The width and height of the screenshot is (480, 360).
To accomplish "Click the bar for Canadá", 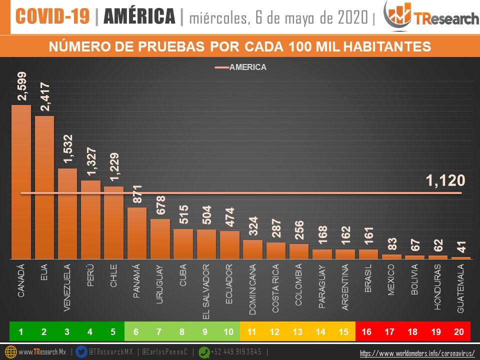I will [21, 182].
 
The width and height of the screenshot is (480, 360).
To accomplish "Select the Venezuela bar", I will [67, 213].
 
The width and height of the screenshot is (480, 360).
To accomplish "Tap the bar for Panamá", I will [137, 233].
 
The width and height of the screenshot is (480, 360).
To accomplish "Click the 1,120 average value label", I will [445, 180].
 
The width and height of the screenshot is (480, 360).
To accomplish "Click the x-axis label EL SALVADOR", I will [206, 291].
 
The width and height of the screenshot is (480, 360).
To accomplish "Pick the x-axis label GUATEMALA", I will [461, 289].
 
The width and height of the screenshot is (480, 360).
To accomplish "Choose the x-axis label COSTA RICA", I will [276, 289].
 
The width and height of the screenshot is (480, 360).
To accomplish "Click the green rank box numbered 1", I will [21, 331].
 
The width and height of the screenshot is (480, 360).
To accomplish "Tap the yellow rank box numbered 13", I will [298, 331].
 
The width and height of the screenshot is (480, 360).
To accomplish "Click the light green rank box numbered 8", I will [183, 331].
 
